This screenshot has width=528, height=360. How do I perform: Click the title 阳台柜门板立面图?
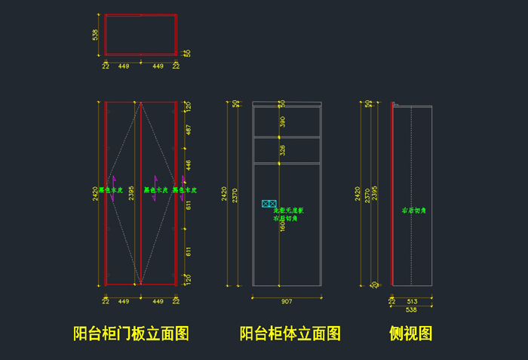[x=130, y=333]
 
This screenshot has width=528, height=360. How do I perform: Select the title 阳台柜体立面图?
[x=290, y=333]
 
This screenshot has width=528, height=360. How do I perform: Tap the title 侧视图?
[x=410, y=333]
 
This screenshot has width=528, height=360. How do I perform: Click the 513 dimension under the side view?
[x=412, y=300]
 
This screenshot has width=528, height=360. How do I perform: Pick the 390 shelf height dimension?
[x=283, y=122]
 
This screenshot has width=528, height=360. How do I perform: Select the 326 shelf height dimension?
[x=283, y=150]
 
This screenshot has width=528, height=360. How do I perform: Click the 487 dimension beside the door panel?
[x=189, y=131]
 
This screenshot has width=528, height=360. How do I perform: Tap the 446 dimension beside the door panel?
[x=189, y=165]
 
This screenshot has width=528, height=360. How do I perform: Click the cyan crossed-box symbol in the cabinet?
[x=269, y=204]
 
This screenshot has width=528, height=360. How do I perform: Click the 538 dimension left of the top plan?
[x=96, y=35]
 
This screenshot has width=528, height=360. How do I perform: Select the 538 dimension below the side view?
[x=411, y=309]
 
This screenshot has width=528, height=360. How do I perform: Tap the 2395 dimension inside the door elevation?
[x=132, y=194]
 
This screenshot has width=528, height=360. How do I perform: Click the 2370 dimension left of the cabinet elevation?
[x=235, y=195]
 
